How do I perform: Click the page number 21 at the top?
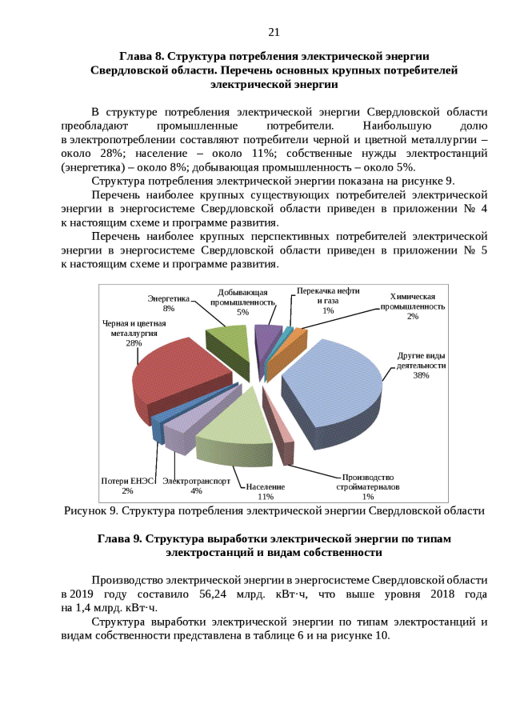(274, 32)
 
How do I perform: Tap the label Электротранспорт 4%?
(196, 486)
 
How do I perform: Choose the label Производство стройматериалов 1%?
(368, 486)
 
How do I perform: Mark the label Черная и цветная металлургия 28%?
(134, 333)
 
